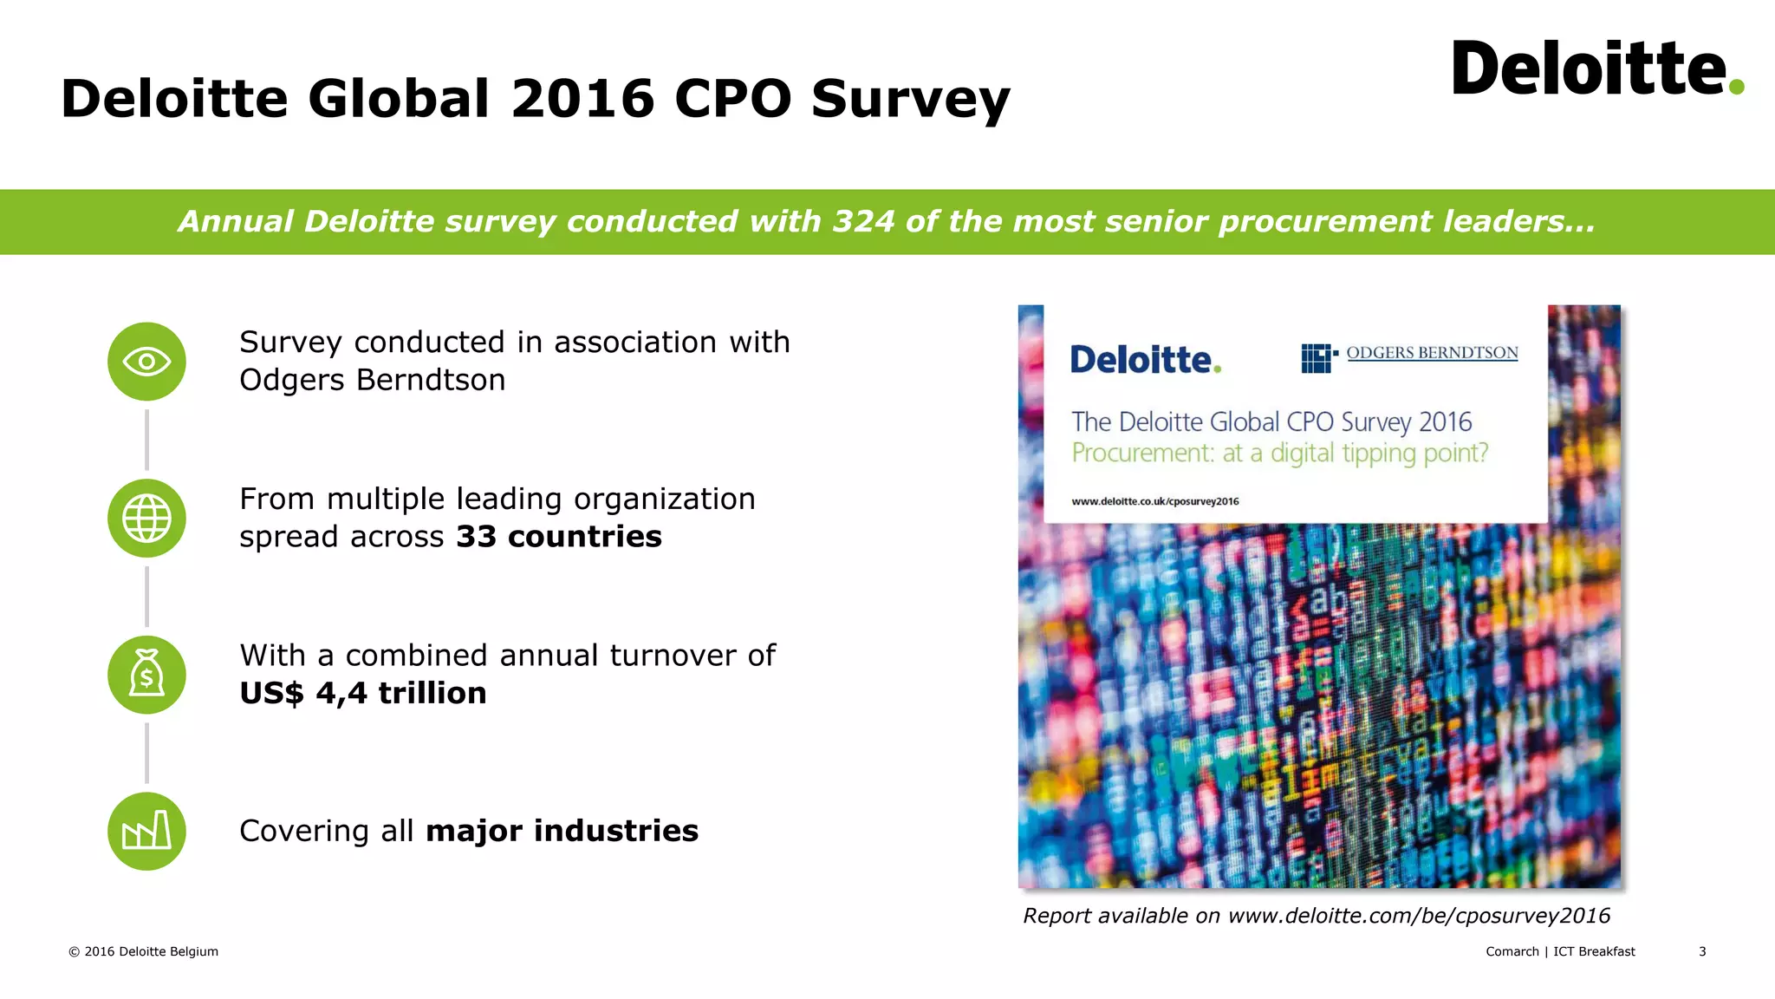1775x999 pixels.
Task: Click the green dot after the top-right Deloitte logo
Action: pyautogui.click(x=1736, y=86)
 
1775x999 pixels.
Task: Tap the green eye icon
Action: pyautogui.click(x=146, y=362)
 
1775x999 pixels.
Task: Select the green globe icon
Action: pyautogui.click(x=146, y=518)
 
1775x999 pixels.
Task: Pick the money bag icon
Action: pyautogui.click(x=146, y=675)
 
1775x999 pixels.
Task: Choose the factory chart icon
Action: pyautogui.click(x=146, y=831)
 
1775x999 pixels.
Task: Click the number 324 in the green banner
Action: pyautogui.click(x=863, y=222)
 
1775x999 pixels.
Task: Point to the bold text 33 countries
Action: pyautogui.click(x=558, y=537)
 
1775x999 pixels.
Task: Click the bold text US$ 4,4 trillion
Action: pyautogui.click(x=362, y=693)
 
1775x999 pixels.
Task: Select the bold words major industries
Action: pyautogui.click(x=562, y=831)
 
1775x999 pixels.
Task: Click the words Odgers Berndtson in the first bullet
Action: pyautogui.click(x=372, y=380)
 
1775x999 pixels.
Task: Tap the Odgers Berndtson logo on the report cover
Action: pyautogui.click(x=1409, y=355)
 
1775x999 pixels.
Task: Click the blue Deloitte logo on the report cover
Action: pyautogui.click(x=1145, y=360)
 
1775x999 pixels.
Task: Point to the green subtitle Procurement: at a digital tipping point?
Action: pyautogui.click(x=1279, y=453)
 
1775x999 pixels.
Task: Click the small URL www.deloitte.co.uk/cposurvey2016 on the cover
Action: pyautogui.click(x=1154, y=501)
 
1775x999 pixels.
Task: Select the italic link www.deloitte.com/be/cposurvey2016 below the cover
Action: pyautogui.click(x=1419, y=916)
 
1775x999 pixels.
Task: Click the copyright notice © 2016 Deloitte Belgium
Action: pyautogui.click(x=143, y=951)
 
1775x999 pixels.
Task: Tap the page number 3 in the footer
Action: pyautogui.click(x=1702, y=951)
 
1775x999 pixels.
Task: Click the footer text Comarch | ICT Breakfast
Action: pyautogui.click(x=1560, y=951)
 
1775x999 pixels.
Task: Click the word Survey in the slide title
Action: pyautogui.click(x=910, y=99)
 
